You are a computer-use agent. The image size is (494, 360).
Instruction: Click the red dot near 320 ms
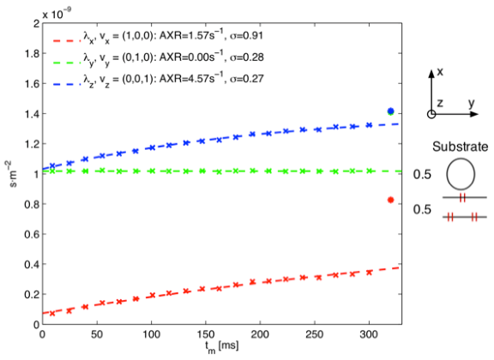coord(390,200)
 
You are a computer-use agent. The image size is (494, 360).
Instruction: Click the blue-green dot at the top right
coord(390,111)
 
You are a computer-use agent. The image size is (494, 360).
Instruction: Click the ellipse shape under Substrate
coord(461,175)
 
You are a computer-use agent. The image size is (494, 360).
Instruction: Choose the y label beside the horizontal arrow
coord(472,105)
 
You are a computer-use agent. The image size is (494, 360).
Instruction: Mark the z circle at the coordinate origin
coord(431,115)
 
